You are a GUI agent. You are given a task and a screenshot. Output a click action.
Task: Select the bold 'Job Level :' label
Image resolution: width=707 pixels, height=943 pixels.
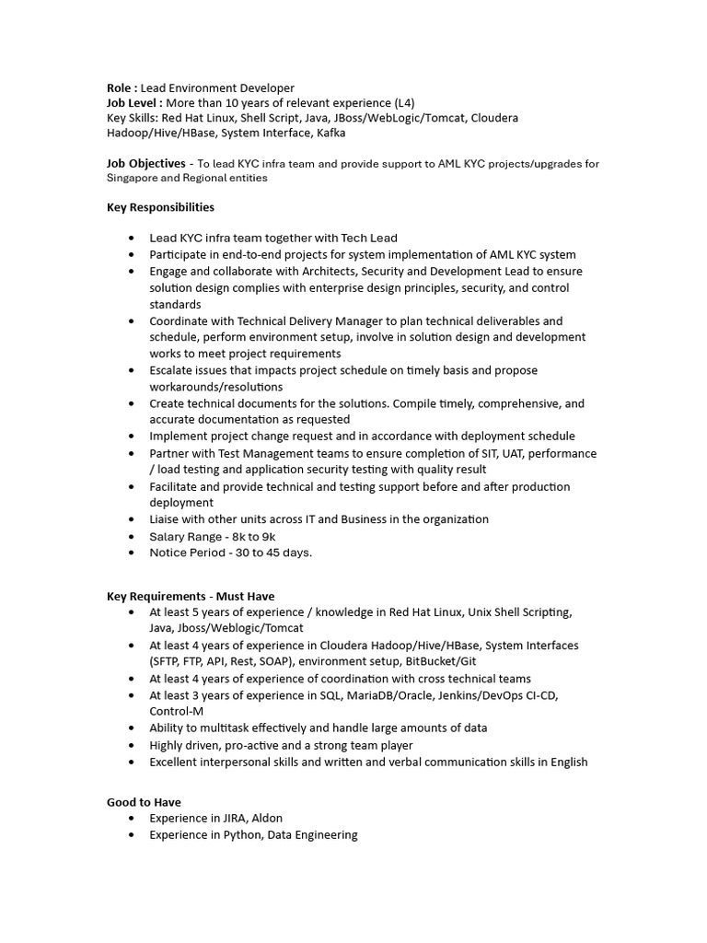click(134, 102)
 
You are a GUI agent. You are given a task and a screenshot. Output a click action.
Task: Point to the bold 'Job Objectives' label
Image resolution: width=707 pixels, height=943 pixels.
click(145, 164)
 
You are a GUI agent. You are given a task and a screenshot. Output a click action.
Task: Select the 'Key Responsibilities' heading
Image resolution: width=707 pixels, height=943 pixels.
click(160, 207)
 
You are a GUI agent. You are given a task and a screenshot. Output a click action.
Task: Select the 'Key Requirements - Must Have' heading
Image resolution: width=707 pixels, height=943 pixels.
click(191, 596)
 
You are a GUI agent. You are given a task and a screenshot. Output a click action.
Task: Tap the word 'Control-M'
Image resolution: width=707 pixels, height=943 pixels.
click(177, 711)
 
